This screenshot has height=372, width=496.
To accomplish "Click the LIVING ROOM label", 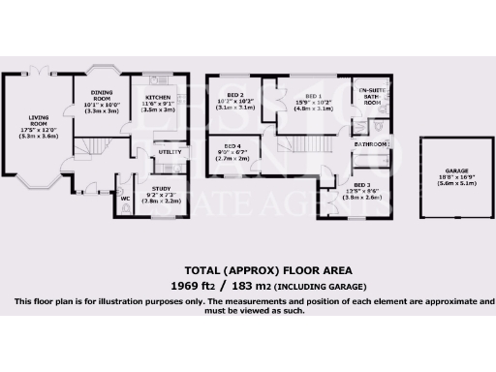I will [x=37, y=124].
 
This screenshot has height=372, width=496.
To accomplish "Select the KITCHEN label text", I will [x=159, y=98].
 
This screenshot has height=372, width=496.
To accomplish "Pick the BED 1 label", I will [x=313, y=97].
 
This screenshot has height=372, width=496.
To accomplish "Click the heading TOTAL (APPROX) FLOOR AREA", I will [x=255, y=269].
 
